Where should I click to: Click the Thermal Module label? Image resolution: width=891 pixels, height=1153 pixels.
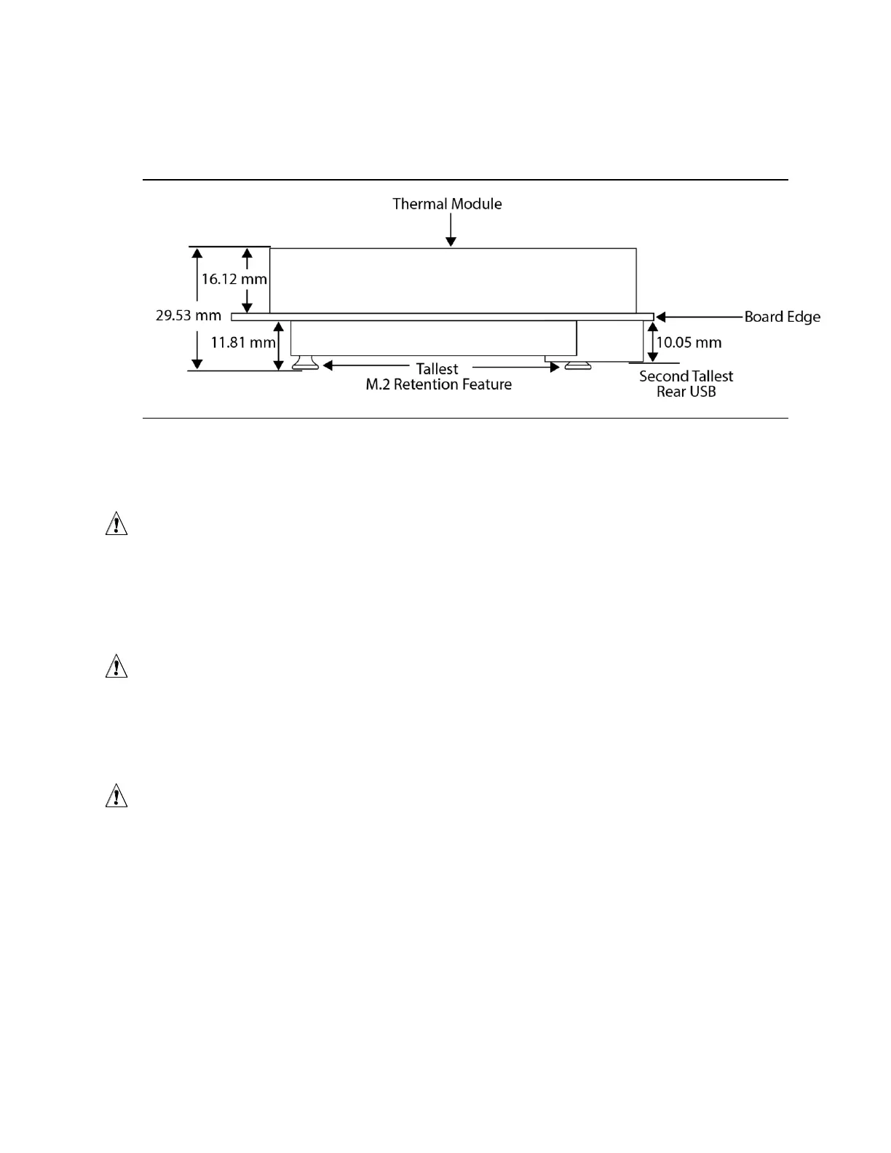(x=447, y=204)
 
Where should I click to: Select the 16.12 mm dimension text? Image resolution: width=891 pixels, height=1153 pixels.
(x=234, y=279)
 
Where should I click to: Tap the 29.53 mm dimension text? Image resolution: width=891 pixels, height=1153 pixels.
(x=189, y=316)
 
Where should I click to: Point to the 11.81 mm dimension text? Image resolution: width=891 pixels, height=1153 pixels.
(x=243, y=342)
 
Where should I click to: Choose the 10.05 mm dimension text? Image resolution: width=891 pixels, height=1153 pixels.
(x=689, y=342)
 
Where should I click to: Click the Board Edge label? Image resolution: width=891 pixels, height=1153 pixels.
(x=782, y=317)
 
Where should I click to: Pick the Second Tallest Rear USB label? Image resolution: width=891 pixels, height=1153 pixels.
(x=686, y=384)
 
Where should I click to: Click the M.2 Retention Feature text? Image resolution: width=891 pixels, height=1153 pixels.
(x=438, y=384)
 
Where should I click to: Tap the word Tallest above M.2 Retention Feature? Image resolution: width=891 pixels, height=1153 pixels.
(x=437, y=369)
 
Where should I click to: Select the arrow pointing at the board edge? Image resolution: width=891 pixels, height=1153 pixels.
(x=699, y=317)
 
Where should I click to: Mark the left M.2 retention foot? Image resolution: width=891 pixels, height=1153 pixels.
(x=305, y=363)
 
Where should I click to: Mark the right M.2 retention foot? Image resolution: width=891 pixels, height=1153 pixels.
(x=578, y=365)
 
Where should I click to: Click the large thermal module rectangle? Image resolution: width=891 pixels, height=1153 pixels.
(x=453, y=280)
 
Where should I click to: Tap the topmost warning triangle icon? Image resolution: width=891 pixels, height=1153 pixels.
(x=116, y=525)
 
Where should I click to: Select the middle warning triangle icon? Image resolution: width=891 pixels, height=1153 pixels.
(x=116, y=667)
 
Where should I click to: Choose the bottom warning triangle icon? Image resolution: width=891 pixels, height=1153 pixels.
(x=116, y=796)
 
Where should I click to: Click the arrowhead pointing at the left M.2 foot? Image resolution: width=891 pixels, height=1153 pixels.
(x=328, y=366)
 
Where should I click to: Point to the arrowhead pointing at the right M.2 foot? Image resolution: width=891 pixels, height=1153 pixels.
(x=554, y=367)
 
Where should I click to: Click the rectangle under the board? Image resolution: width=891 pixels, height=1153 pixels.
(x=434, y=338)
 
